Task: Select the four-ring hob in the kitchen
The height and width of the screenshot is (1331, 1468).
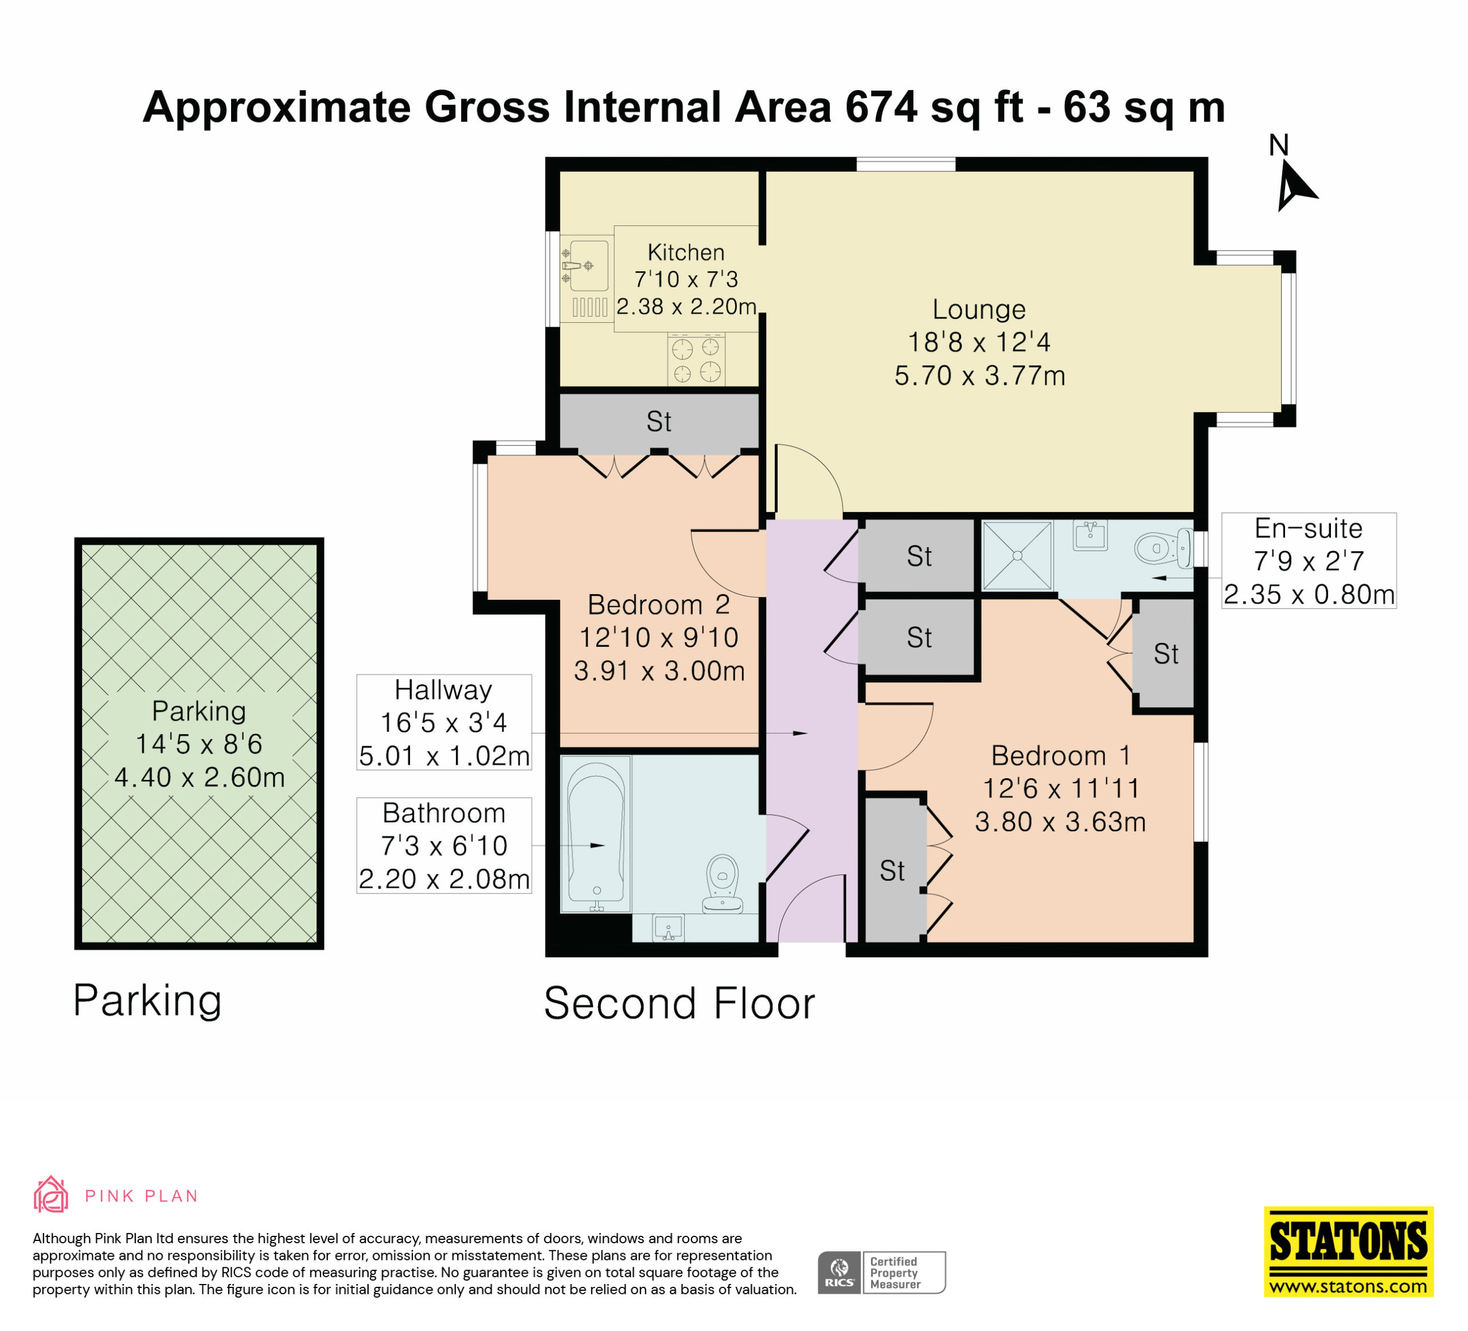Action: point(696,360)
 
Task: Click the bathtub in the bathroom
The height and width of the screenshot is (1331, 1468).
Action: point(596,833)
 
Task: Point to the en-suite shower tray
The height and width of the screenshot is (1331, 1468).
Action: point(1017,556)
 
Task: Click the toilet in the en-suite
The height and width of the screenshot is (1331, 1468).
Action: point(1164,548)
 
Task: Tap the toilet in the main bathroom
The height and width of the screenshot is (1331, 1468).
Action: point(723,883)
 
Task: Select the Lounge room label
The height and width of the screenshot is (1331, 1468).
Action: point(979,310)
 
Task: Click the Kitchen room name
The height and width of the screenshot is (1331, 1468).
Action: point(686,253)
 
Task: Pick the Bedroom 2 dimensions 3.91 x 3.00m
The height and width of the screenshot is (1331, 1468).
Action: point(659,670)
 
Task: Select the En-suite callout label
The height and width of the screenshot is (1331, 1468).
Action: point(1309,561)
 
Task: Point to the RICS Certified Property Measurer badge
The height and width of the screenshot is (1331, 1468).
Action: point(881,1273)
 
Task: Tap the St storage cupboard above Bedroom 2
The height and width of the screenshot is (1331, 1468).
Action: point(659,421)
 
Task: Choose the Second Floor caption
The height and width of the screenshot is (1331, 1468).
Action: point(680,1004)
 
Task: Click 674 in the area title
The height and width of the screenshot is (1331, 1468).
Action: point(881,107)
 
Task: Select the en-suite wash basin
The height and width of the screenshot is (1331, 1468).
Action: point(1090,535)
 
